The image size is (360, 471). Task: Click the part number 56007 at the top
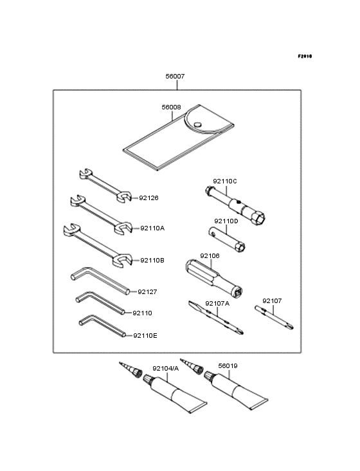(174, 76)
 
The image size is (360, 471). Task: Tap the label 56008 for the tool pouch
(171, 108)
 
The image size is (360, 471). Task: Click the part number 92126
(149, 198)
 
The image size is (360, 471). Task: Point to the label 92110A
(152, 228)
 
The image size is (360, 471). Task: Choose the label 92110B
(152, 260)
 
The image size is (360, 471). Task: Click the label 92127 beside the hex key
(147, 291)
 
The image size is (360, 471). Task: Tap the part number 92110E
(145, 335)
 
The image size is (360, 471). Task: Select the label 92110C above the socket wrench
(226, 181)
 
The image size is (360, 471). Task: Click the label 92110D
(226, 221)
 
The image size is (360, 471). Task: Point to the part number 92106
(210, 255)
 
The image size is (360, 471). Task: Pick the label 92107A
(217, 303)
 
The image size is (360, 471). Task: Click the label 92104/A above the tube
(165, 368)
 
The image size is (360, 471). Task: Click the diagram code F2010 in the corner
(304, 57)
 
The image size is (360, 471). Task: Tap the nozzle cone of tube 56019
(190, 366)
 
